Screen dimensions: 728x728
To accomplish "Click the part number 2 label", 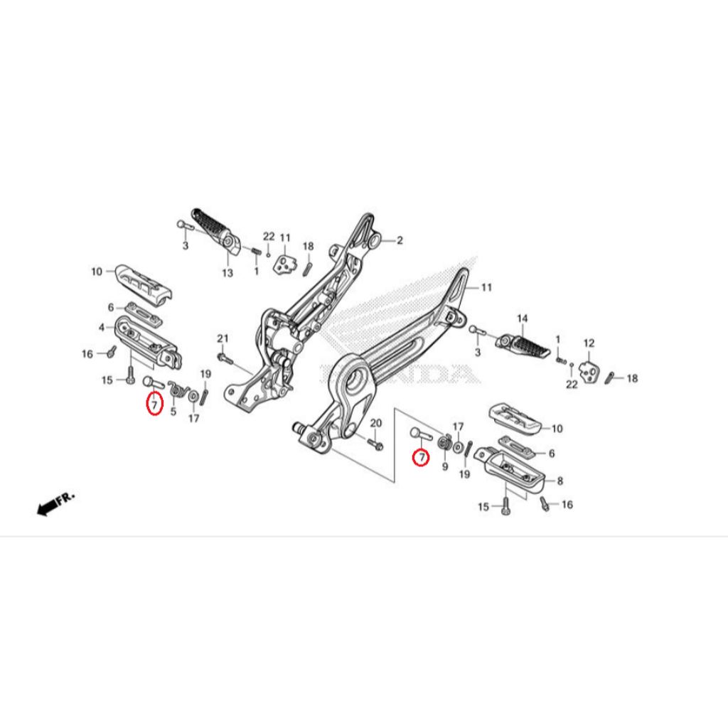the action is click(400, 240).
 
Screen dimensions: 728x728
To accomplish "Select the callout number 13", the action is click(227, 273).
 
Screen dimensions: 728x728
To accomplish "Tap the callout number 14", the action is click(523, 318).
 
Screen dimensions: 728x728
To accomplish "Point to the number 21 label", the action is click(223, 338).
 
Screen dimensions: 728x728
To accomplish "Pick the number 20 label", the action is click(375, 423).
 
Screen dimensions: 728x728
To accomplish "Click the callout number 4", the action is click(102, 328).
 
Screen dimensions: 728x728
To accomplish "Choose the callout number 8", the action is click(560, 481).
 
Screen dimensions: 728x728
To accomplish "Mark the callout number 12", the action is click(589, 343).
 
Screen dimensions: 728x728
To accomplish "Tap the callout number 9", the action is click(445, 466).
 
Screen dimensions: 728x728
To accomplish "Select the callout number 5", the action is click(173, 412).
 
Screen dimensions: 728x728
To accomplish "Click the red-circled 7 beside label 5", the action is click(154, 403).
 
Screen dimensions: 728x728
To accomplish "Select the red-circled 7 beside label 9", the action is click(421, 458).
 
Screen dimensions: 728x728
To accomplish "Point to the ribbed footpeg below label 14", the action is click(524, 346).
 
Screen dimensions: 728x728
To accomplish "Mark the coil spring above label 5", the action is click(177, 390).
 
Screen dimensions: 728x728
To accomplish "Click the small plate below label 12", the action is click(589, 371).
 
